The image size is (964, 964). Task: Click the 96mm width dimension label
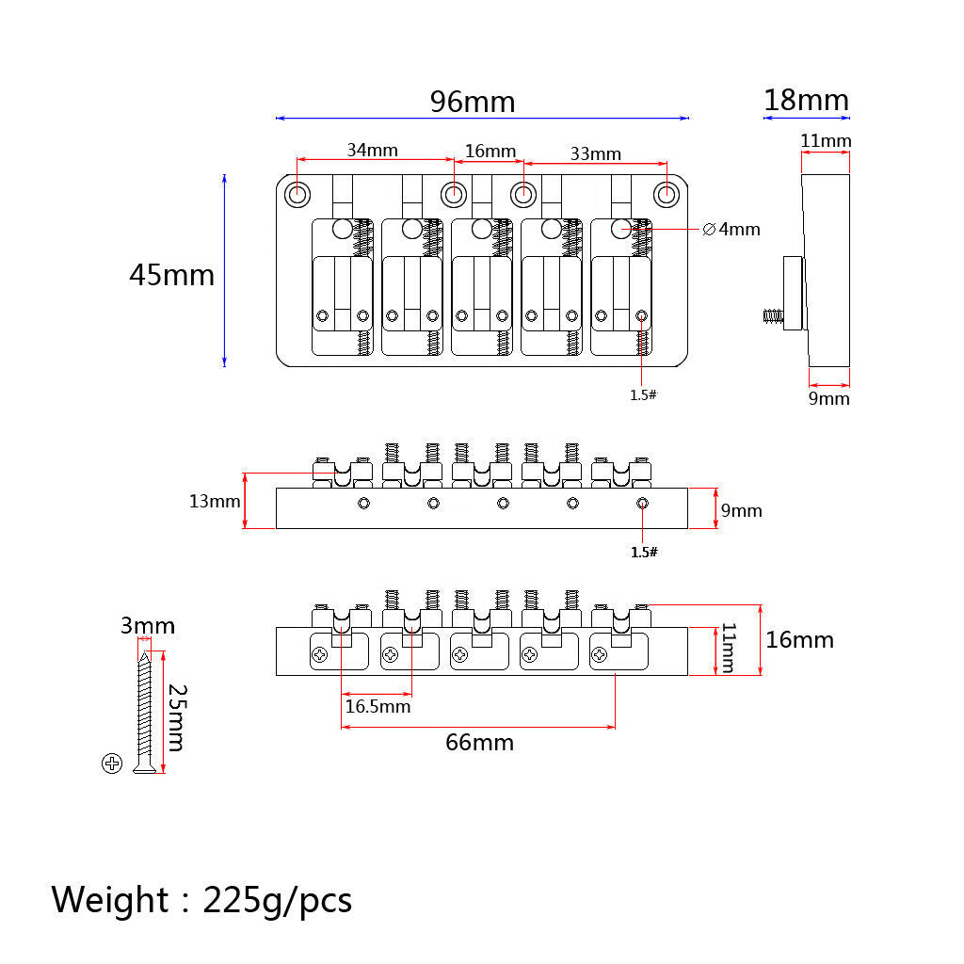click(x=473, y=102)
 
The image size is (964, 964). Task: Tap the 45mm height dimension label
click(x=171, y=275)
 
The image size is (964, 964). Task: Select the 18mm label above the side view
click(x=806, y=100)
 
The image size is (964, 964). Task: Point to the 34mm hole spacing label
click(x=372, y=150)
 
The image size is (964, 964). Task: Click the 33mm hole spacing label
click(x=595, y=153)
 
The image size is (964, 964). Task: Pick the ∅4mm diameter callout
click(x=731, y=230)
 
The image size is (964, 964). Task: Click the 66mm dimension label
click(x=479, y=742)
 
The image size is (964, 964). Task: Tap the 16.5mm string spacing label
click(x=378, y=706)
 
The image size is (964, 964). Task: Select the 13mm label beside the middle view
click(x=215, y=501)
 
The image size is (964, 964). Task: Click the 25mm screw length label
click(x=177, y=717)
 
